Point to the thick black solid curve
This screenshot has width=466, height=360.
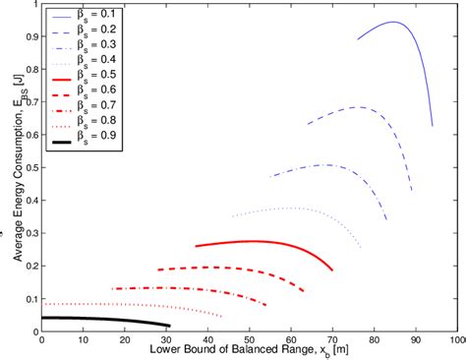[98, 320]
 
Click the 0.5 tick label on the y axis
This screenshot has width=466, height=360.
[28, 168]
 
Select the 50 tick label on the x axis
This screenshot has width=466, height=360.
[250, 340]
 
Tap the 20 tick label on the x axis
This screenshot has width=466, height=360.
[125, 340]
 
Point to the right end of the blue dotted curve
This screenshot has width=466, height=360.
[361, 248]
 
